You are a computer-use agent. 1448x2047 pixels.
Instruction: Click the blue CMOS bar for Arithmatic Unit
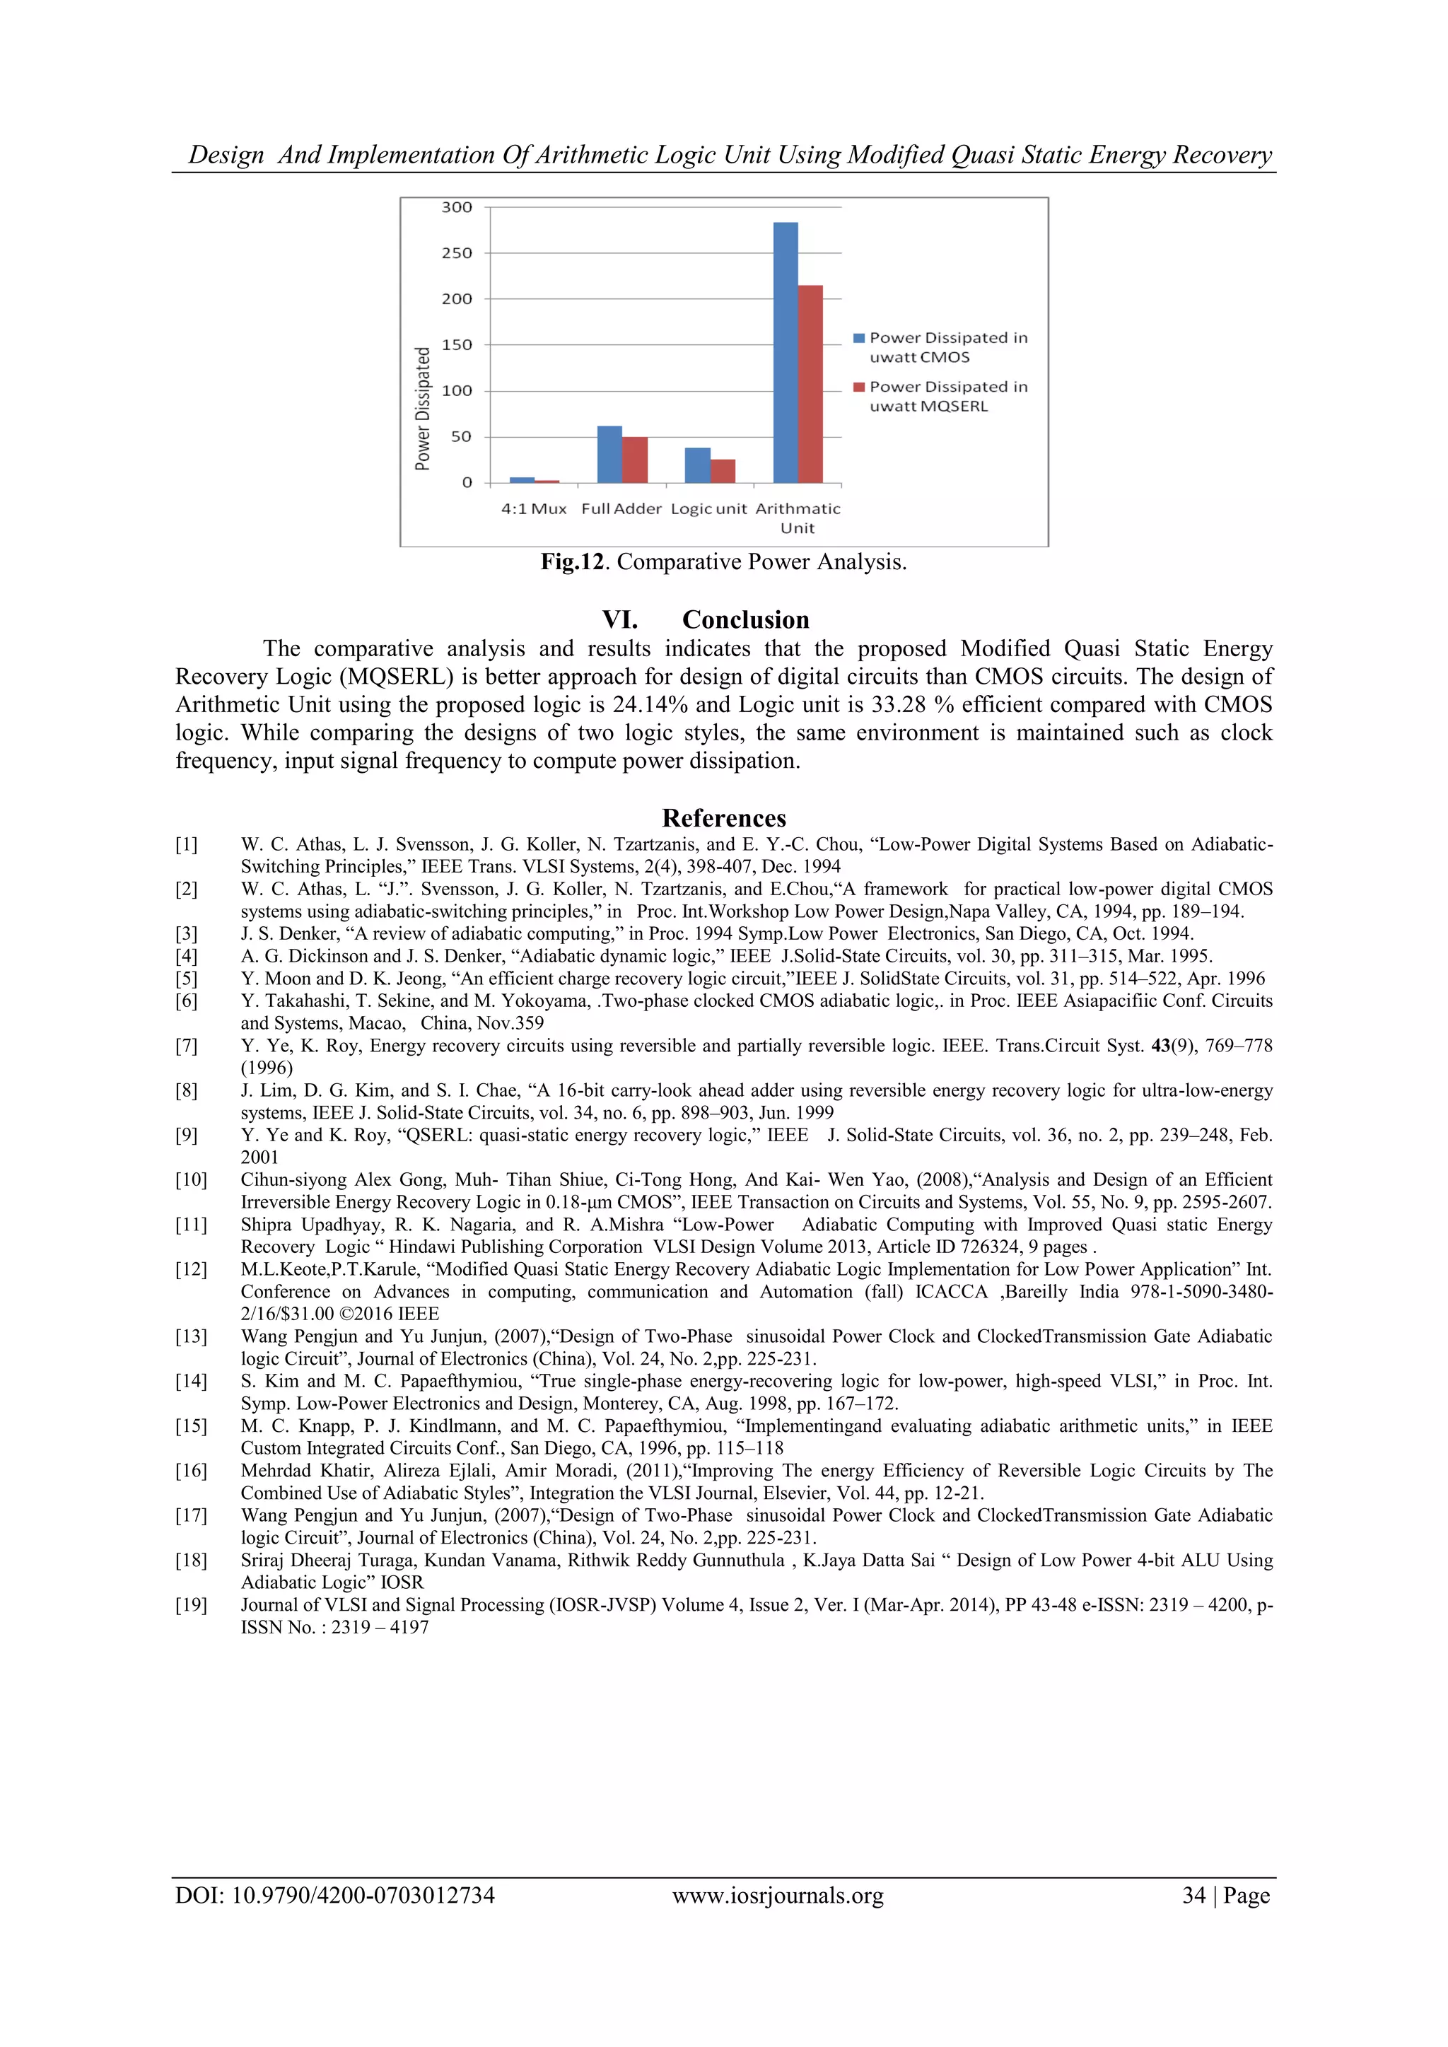(x=785, y=352)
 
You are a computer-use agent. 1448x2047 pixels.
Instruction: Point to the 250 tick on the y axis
(x=457, y=253)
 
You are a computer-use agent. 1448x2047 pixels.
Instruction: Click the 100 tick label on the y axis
(x=457, y=390)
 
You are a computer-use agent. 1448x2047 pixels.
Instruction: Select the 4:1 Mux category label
(x=533, y=509)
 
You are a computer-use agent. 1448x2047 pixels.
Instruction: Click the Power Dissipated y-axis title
(x=423, y=408)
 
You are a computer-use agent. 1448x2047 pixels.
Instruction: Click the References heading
(x=723, y=817)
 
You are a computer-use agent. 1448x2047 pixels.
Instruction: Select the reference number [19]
(x=190, y=1605)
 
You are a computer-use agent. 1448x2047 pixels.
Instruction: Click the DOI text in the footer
(x=334, y=1896)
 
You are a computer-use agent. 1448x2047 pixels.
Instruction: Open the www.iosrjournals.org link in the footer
(x=778, y=1896)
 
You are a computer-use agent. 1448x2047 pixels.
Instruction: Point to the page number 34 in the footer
(x=1193, y=1896)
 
